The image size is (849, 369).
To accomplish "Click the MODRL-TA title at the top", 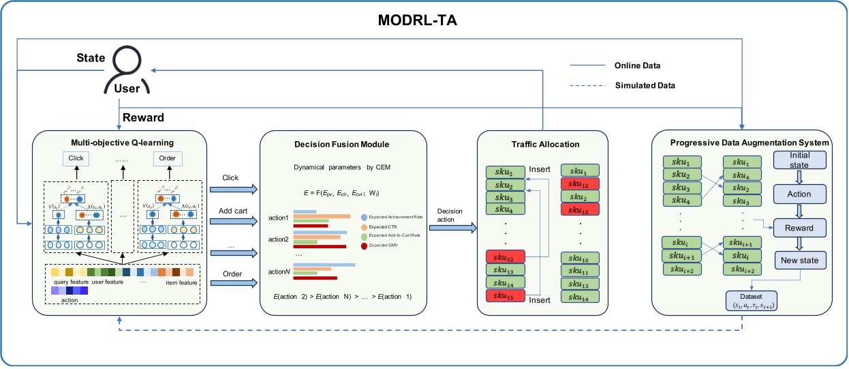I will coord(424,20).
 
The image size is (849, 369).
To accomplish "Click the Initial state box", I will coord(799,161).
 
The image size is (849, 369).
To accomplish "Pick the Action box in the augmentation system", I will coord(799,194).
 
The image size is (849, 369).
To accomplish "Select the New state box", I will coord(799,259).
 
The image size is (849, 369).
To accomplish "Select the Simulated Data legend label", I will coord(644,85).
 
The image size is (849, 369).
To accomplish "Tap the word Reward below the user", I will coord(144,118).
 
